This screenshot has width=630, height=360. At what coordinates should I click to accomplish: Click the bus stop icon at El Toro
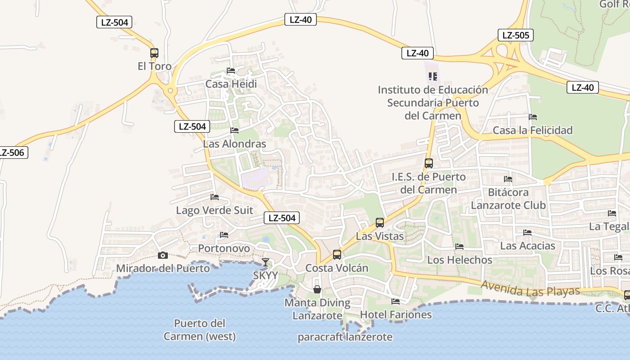click(154, 53)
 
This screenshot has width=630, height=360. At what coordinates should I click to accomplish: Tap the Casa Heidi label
click(231, 84)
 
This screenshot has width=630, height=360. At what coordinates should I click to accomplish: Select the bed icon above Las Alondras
click(234, 130)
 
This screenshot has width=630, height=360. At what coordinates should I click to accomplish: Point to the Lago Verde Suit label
click(214, 210)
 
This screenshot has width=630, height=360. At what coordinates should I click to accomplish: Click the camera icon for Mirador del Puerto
click(163, 255)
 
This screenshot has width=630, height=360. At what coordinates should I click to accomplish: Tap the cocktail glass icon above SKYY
click(265, 262)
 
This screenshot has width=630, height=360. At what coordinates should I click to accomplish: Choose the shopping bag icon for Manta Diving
click(317, 289)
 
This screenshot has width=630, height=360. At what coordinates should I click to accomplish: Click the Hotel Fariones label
click(396, 315)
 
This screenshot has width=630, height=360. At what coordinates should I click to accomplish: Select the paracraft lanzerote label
click(345, 337)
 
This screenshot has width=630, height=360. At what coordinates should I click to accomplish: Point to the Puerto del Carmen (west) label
click(199, 330)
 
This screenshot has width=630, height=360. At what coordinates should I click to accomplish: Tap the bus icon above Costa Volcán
click(337, 255)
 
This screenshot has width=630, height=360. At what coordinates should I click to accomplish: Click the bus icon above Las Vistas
click(380, 223)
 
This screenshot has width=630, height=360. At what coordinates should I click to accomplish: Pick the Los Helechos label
click(459, 260)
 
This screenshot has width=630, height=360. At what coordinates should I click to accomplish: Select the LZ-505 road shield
click(515, 35)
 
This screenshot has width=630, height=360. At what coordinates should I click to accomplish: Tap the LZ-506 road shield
click(12, 153)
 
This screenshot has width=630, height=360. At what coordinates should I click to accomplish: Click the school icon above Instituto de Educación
click(433, 76)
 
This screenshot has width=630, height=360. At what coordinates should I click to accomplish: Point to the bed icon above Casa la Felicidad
click(533, 117)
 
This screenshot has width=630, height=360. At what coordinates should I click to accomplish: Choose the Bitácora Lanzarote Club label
click(508, 199)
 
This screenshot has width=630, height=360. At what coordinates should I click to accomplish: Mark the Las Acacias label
click(527, 246)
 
